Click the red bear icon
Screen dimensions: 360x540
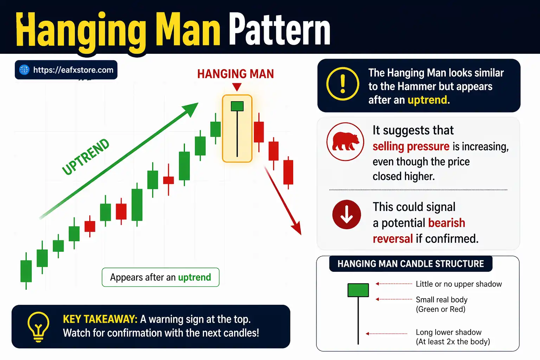pyautogui.click(x=345, y=141)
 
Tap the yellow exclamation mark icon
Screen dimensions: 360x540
pyautogui.click(x=343, y=84)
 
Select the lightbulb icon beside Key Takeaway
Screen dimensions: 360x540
pyautogui.click(x=38, y=327)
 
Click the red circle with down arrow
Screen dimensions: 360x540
pyautogui.click(x=347, y=214)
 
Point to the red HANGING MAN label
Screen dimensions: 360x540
pyautogui.click(x=235, y=74)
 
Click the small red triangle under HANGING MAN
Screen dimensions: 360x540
pyautogui.click(x=237, y=87)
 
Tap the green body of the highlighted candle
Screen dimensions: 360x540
pyautogui.click(x=237, y=106)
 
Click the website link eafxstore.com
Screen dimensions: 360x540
pyautogui.click(x=73, y=70)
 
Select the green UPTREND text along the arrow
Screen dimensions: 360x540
pyautogui.click(x=86, y=157)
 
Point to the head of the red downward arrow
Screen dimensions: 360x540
pyautogui.click(x=297, y=228)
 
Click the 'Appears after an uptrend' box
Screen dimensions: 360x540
pyautogui.click(x=160, y=277)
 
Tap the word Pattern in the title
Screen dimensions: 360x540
pyautogui.click(x=280, y=30)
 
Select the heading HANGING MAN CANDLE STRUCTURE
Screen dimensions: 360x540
pyautogui.click(x=411, y=264)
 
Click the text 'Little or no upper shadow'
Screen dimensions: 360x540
pyautogui.click(x=459, y=284)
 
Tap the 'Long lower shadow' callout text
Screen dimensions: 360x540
pyautogui.click(x=449, y=332)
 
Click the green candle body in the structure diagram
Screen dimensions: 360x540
pyautogui.click(x=358, y=290)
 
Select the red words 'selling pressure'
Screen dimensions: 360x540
pyautogui.click(x=411, y=146)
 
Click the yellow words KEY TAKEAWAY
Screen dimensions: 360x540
pyautogui.click(x=100, y=319)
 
